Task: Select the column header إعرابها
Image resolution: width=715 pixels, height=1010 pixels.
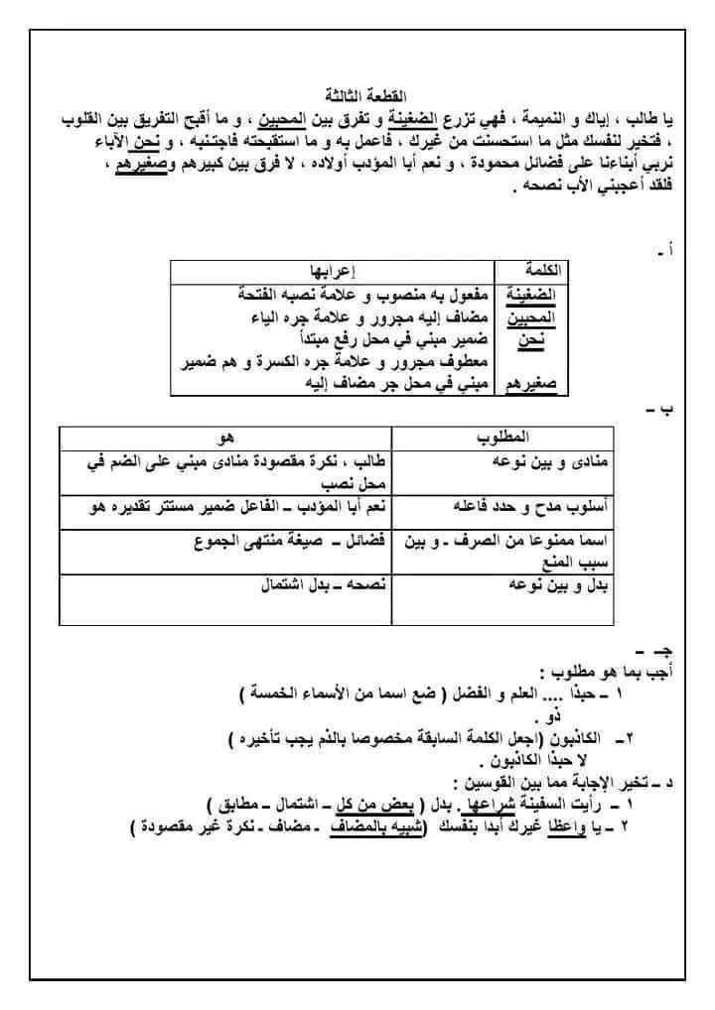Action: point(331,271)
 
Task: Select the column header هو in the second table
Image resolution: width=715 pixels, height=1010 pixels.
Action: point(224,438)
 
